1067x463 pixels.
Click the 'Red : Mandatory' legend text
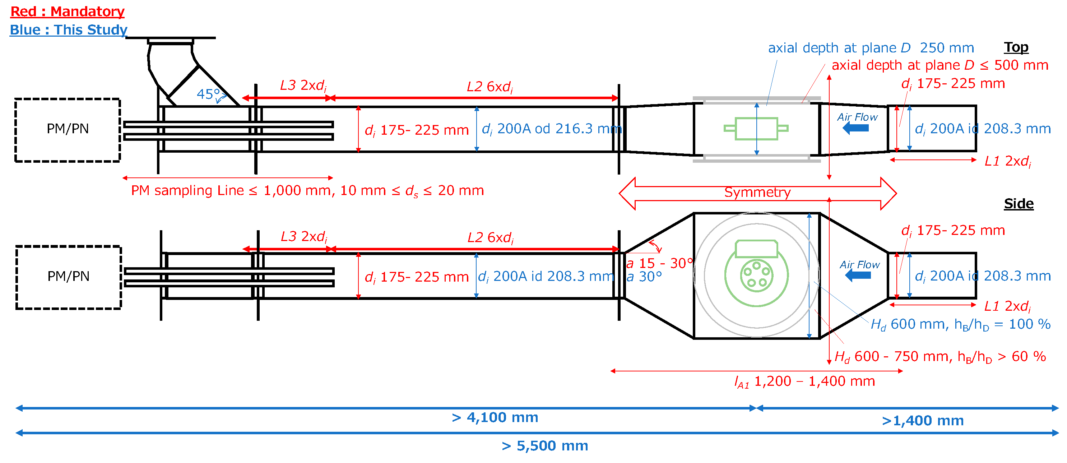click(x=67, y=11)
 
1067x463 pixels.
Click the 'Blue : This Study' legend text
click(x=68, y=30)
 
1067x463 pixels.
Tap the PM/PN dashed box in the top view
click(x=68, y=130)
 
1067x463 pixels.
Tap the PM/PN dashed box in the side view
click(x=68, y=277)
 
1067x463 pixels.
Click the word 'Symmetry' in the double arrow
click(x=757, y=193)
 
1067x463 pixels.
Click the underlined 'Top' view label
click(x=1016, y=47)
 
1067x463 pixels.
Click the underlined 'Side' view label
click(x=1019, y=204)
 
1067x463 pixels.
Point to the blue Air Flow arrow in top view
click(x=856, y=128)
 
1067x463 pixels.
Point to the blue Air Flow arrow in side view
click(x=858, y=276)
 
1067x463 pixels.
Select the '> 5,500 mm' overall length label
click(x=545, y=446)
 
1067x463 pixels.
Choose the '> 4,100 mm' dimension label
click(x=495, y=417)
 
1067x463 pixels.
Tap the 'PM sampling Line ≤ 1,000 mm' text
click(x=307, y=190)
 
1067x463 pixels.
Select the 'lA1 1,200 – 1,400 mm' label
click(x=804, y=381)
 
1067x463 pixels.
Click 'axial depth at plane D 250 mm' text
click(x=871, y=48)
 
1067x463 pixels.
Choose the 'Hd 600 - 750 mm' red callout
click(x=940, y=357)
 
